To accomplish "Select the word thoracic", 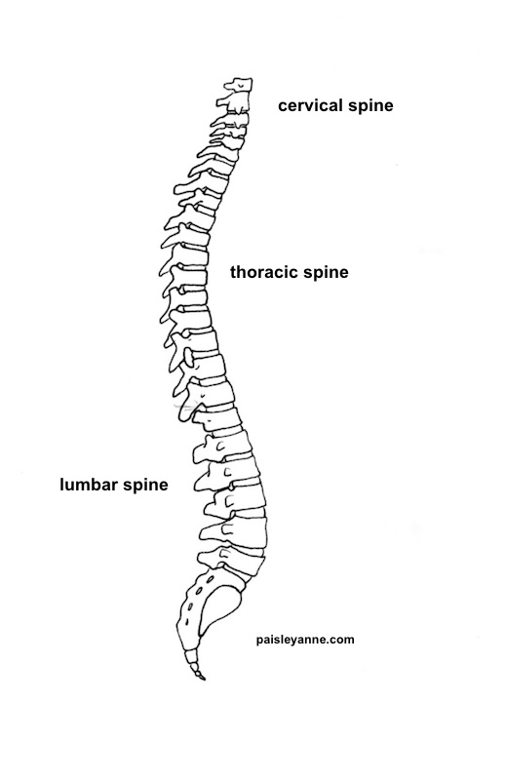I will pos(264,273).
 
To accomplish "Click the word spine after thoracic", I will pos(325,274).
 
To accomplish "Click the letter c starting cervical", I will pos(283,105).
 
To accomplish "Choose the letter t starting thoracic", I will pos(234,273).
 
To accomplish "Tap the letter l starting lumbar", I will pos(62,484).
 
